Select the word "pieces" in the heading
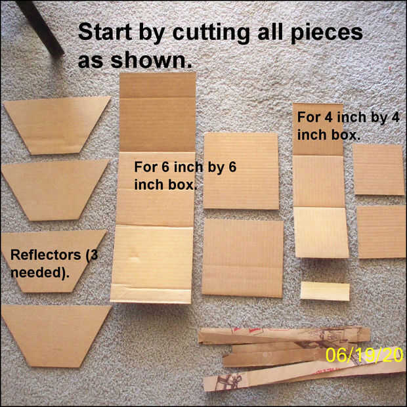[327, 33]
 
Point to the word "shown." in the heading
[152, 60]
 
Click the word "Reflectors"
[46, 255]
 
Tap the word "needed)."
[40, 273]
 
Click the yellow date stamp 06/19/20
[364, 355]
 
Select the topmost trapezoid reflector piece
[57, 125]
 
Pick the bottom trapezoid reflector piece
[56, 335]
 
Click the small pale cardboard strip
[325, 291]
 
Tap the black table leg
[39, 28]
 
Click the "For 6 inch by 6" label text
[185, 167]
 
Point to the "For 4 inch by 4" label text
[348, 118]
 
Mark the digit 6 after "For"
[166, 167]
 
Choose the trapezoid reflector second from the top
[55, 190]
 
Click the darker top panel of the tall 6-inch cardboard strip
[158, 112]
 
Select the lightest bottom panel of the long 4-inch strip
[322, 232]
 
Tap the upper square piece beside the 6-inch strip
[241, 171]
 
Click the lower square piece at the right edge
[381, 232]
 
